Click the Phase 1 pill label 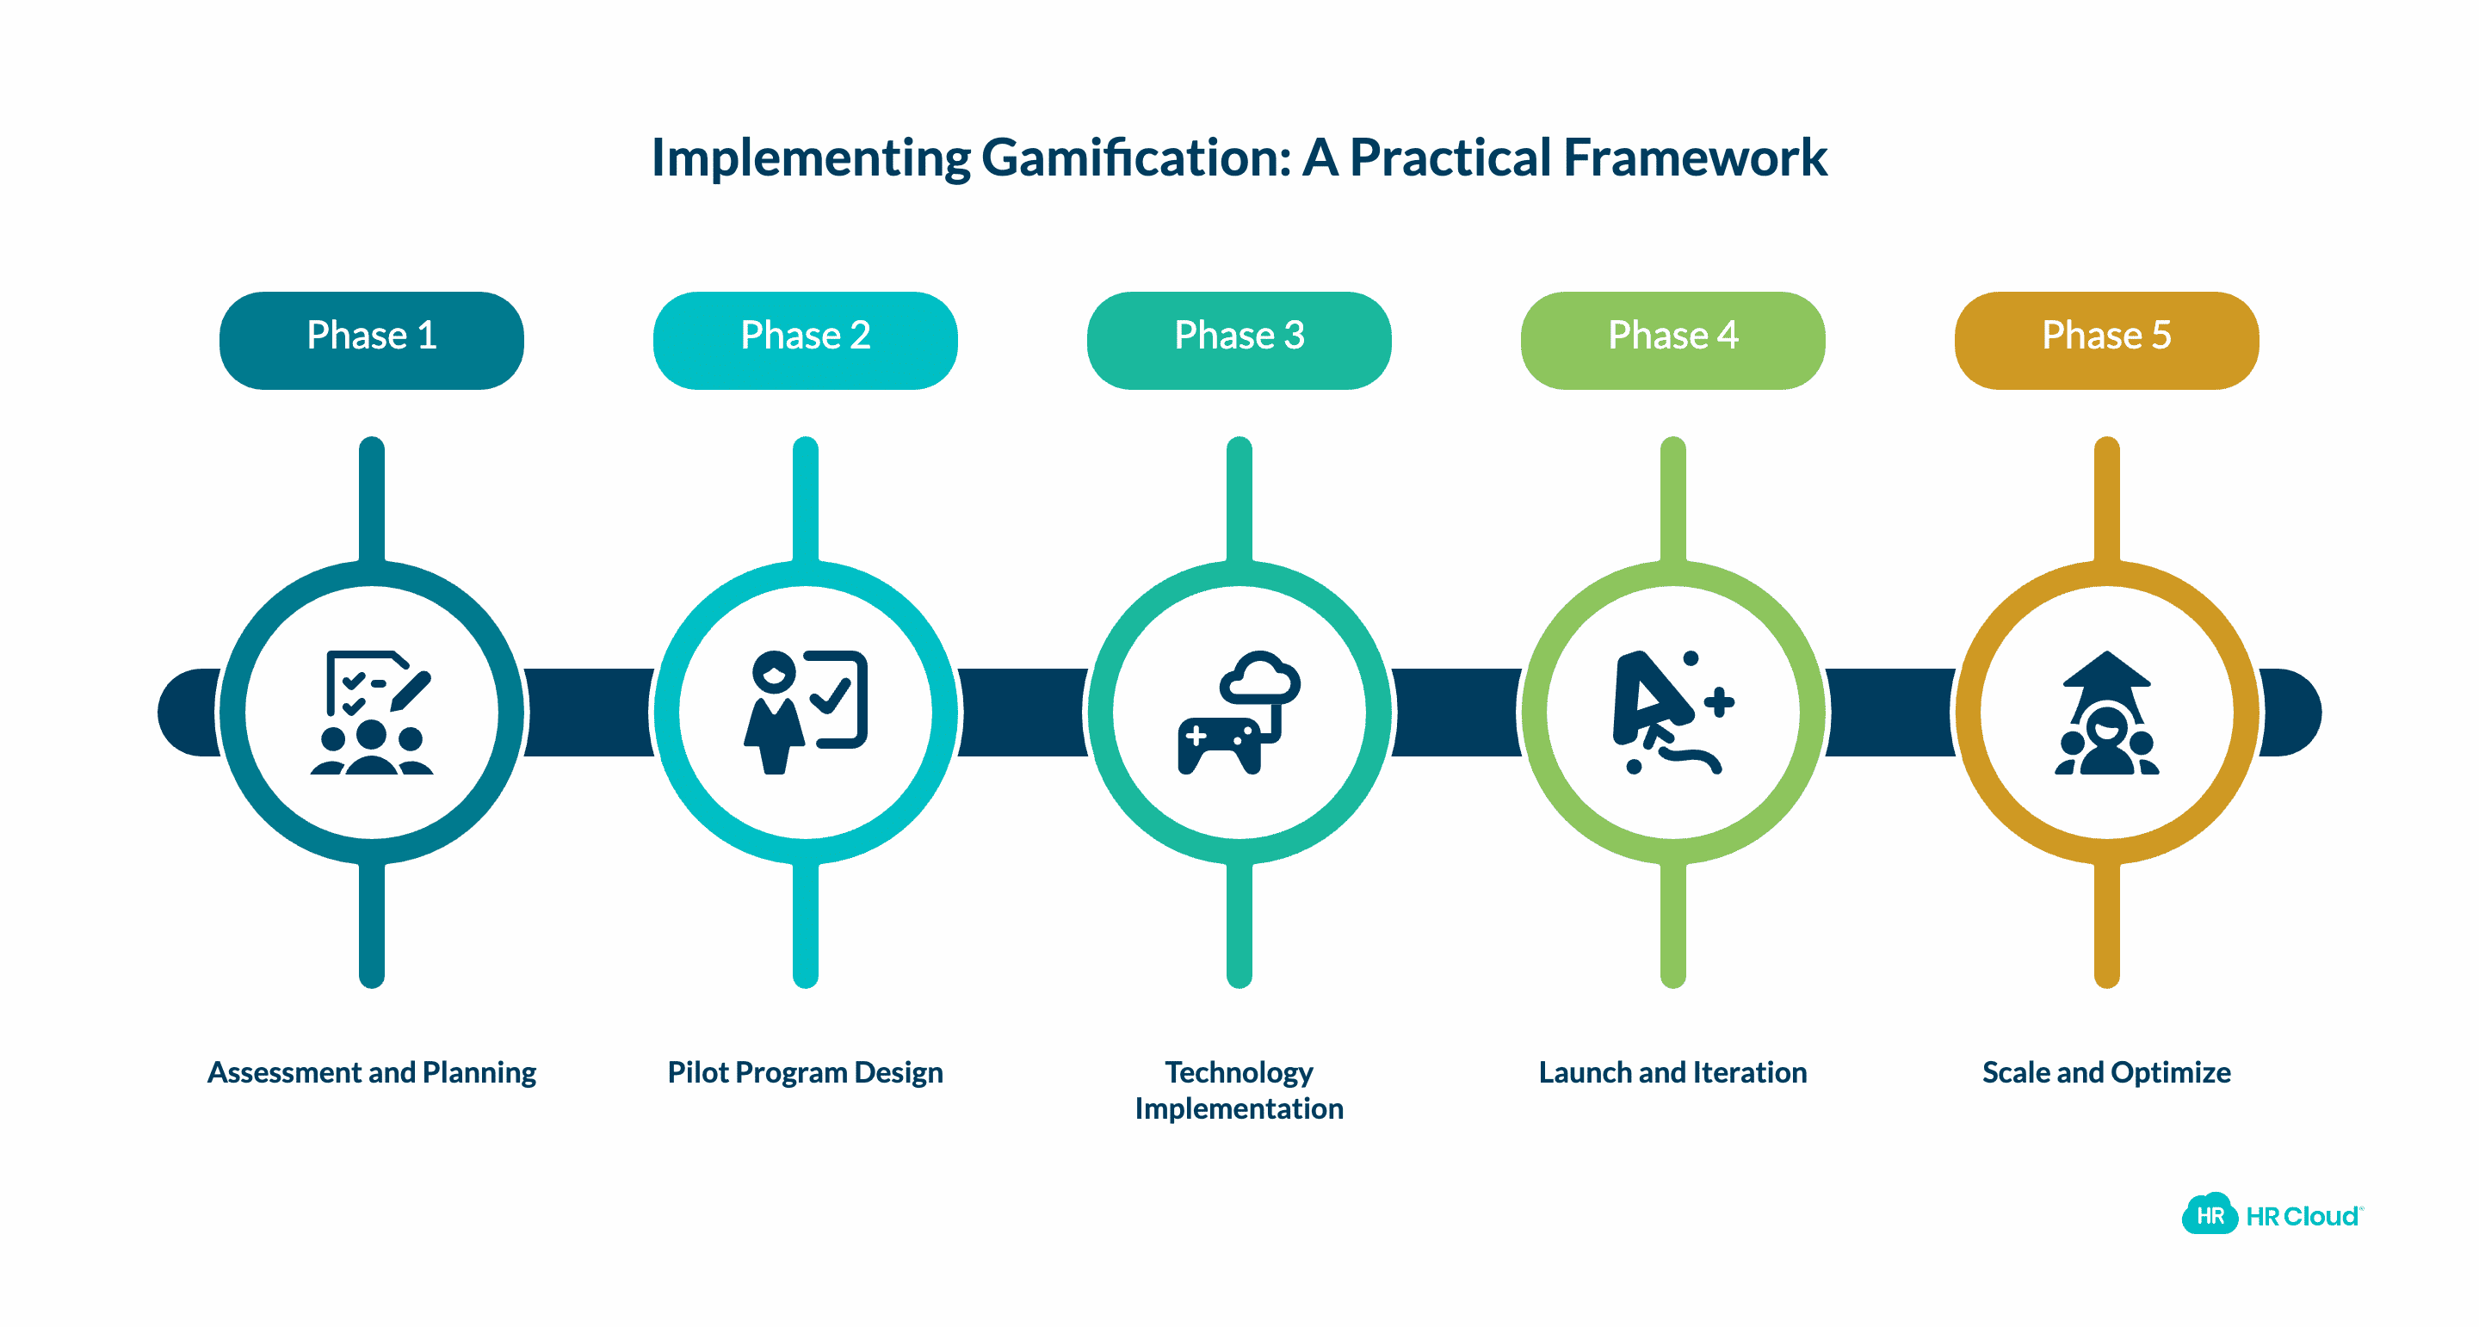point(372,339)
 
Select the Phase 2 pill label point(806,339)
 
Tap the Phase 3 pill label point(1239,339)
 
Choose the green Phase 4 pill point(1672,339)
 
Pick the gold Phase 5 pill point(2106,339)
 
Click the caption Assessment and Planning point(372,1072)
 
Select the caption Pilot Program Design point(806,1072)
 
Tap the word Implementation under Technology point(1239,1108)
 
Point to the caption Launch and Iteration point(1672,1072)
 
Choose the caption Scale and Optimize point(2106,1072)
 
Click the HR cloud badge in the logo point(2209,1214)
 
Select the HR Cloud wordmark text point(2302,1216)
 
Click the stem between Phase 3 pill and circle point(1239,500)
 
